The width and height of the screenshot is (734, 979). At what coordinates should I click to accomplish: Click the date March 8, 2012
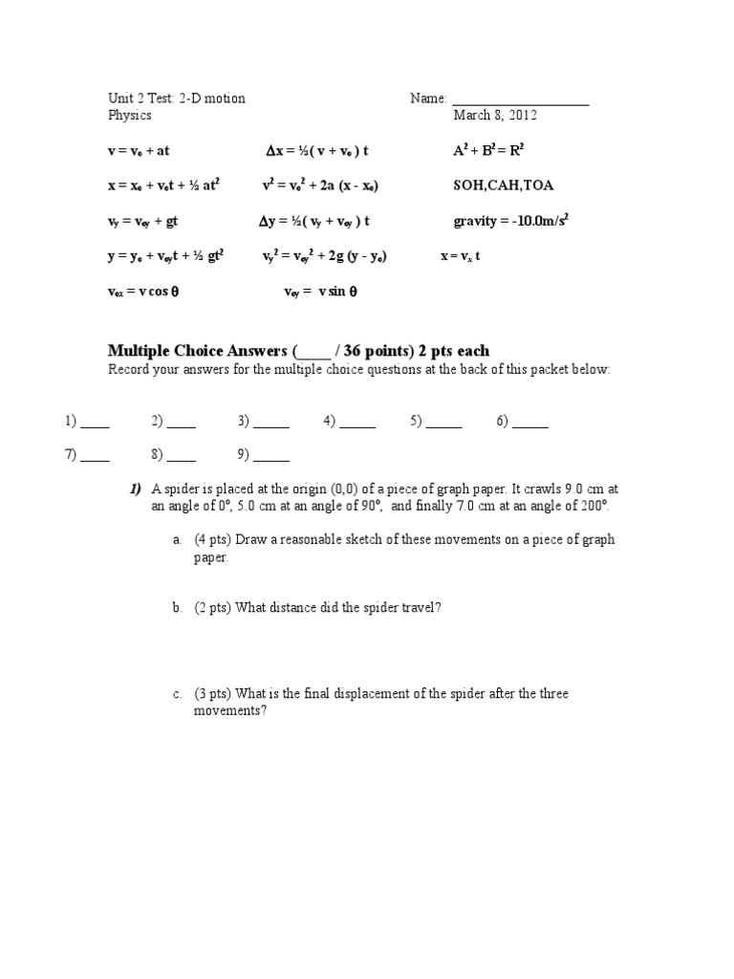pyautogui.click(x=495, y=116)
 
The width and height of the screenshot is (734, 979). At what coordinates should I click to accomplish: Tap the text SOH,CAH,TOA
pyautogui.click(x=503, y=185)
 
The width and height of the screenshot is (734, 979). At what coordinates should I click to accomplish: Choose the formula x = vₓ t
pyautogui.click(x=460, y=257)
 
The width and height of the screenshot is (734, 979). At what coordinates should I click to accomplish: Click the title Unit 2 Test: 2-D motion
pyautogui.click(x=176, y=98)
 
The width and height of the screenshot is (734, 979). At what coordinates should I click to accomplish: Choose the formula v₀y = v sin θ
pyautogui.click(x=320, y=293)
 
